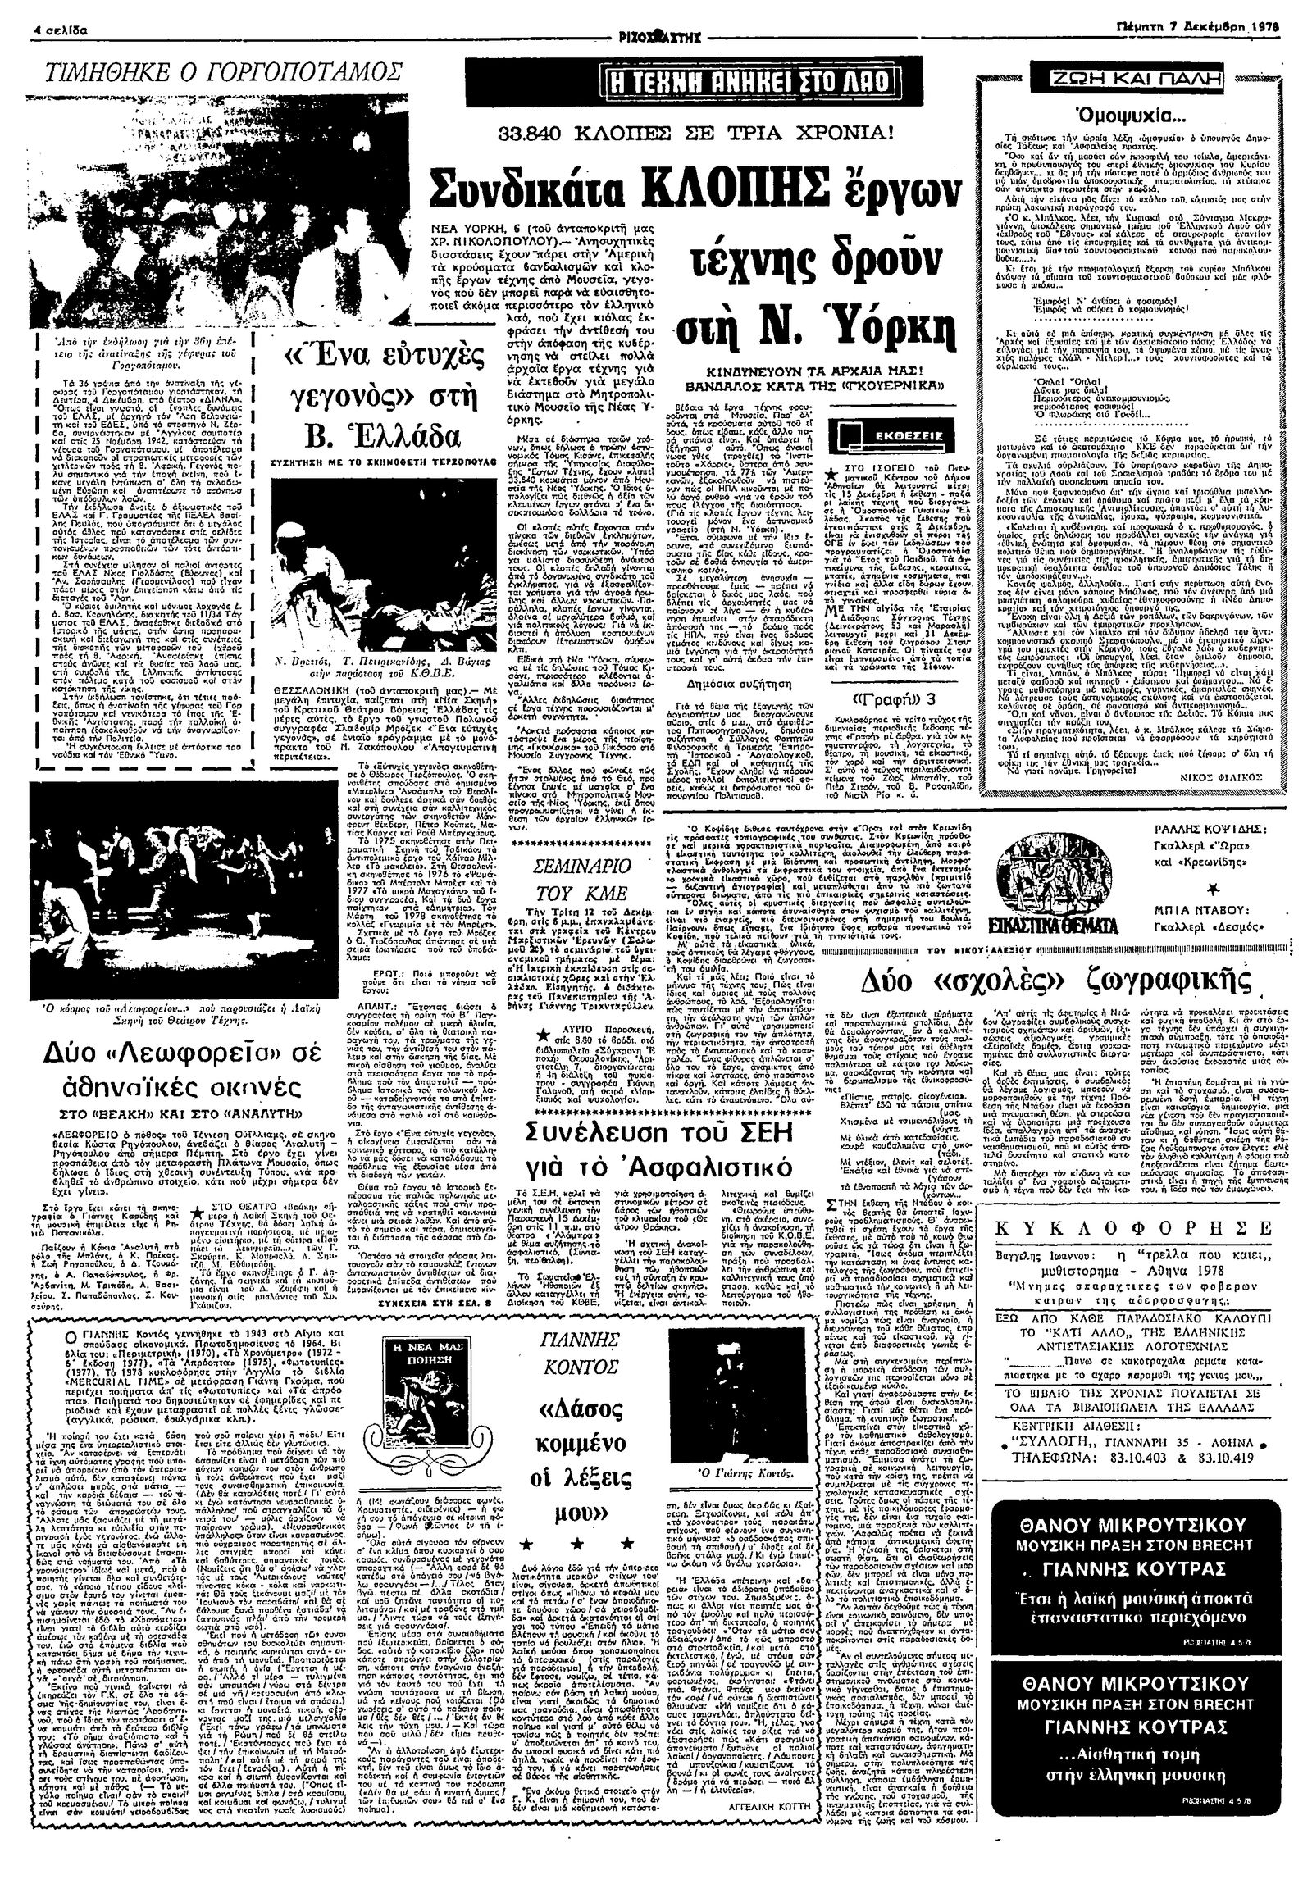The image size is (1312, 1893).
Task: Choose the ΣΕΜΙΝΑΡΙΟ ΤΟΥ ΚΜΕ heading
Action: tap(581, 880)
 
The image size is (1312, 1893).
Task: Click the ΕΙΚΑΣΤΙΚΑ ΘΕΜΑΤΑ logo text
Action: tap(1057, 923)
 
